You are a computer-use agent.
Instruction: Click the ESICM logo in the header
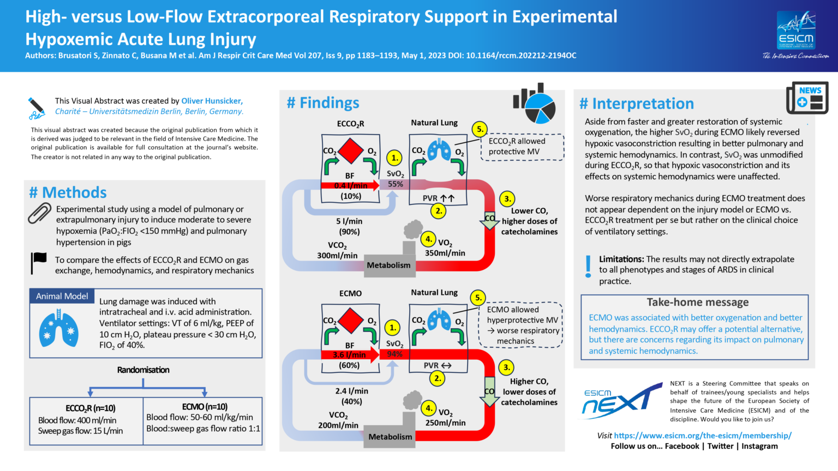point(796,32)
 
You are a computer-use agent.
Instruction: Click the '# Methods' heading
point(68,192)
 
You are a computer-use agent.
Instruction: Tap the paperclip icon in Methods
point(39,213)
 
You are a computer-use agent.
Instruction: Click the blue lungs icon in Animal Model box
point(58,329)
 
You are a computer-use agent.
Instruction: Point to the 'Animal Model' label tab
point(62,296)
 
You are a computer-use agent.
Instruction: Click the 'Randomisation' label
point(143,370)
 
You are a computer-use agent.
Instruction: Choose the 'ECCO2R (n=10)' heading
point(90,408)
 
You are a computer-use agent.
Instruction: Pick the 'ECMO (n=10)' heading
point(205,407)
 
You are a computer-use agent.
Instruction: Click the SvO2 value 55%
point(396,184)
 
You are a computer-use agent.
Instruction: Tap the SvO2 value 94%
point(394,354)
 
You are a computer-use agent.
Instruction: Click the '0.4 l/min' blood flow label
point(350,185)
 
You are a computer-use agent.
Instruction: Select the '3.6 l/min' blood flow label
point(349,355)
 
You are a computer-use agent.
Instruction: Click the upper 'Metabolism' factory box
point(388,265)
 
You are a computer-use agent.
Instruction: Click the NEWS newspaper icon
point(807,98)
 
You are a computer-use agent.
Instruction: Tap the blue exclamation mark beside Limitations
point(588,267)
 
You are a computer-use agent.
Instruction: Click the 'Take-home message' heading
point(697,302)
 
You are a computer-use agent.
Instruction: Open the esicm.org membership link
point(702,436)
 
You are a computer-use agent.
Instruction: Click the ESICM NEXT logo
point(621,401)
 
